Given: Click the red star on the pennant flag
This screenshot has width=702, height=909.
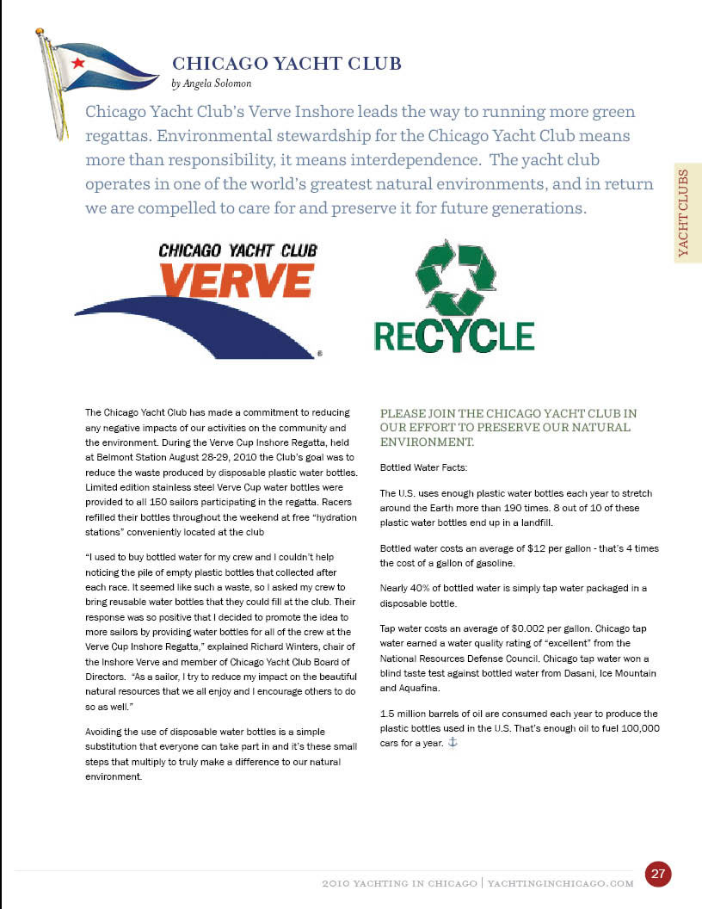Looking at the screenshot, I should [x=78, y=62].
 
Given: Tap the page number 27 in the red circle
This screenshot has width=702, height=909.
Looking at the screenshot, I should [x=658, y=874].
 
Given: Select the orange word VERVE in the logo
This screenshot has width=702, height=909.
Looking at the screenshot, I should [x=237, y=281].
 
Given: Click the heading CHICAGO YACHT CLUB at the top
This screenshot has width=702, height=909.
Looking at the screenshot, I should [x=287, y=64].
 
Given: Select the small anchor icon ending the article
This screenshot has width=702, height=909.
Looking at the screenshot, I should [x=453, y=742].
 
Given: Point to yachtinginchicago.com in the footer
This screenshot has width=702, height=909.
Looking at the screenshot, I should [x=560, y=884].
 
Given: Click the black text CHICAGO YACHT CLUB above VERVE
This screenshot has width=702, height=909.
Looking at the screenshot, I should [x=237, y=250].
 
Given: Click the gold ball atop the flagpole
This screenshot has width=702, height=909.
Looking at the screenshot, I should [x=40, y=32].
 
